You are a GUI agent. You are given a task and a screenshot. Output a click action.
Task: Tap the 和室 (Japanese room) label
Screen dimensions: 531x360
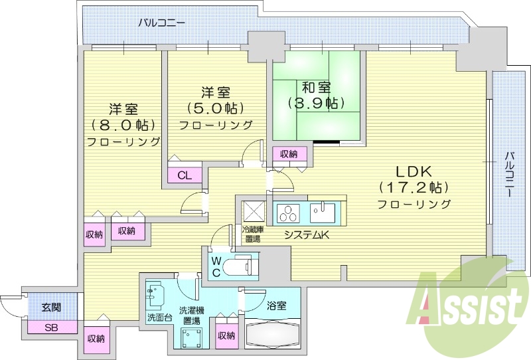pos(316,87)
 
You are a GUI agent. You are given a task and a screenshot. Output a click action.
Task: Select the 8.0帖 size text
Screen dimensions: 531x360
pos(123,125)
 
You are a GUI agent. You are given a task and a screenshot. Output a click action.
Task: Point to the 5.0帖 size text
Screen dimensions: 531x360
pos(215,108)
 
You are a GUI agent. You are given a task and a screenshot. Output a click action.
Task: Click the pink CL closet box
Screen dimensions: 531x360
pos(185,175)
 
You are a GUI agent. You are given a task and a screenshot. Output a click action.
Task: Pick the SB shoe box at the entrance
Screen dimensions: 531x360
pos(51,327)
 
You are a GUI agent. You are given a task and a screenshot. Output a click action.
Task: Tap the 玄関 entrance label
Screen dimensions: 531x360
pos(51,308)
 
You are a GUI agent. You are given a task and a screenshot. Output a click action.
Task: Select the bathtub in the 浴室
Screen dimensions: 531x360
pos(271,333)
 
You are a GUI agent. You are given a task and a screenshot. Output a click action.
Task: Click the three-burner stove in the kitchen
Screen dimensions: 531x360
pos(289,214)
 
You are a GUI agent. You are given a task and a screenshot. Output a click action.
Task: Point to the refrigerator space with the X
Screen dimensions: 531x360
pos(254,211)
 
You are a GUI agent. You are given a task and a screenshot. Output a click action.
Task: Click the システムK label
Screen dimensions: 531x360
pos(306,234)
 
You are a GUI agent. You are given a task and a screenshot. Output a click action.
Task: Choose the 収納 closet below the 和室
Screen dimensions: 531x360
pos(289,154)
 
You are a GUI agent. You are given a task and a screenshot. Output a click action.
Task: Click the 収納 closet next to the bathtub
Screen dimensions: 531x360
pos(226,335)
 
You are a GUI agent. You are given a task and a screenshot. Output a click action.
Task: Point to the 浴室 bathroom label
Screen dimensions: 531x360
pos(277,306)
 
